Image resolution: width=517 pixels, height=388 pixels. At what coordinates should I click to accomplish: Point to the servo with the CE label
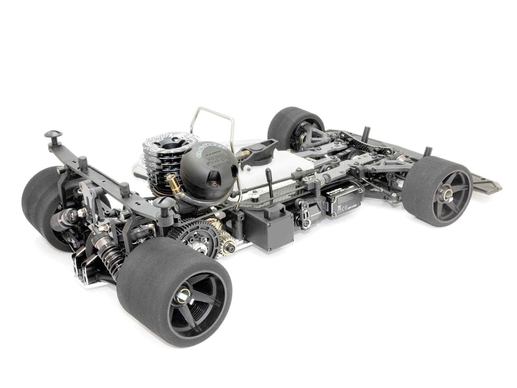click(342, 204)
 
